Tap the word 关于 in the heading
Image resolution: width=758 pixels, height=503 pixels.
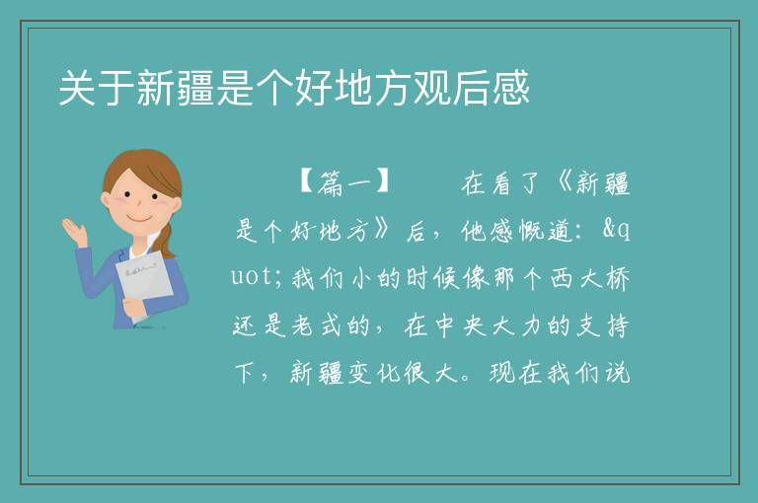pyautogui.click(x=97, y=88)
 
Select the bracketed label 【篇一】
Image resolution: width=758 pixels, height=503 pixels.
pyautogui.click(x=344, y=183)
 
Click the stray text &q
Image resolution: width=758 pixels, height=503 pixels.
pyautogui.click(x=616, y=230)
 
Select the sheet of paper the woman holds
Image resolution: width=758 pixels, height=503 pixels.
pyautogui.click(x=145, y=284)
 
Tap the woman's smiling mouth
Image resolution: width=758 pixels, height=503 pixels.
pyautogui.click(x=139, y=219)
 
